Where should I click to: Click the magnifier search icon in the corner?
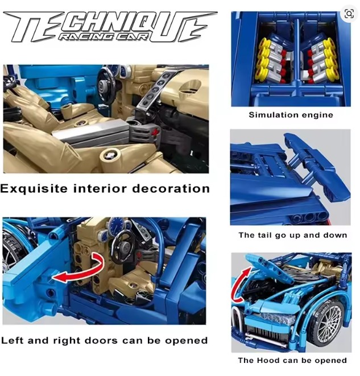349,13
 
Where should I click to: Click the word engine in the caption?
317,115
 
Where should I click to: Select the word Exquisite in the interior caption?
34,188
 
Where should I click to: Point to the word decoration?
171,188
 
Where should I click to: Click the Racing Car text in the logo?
102,36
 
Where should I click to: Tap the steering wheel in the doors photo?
124,247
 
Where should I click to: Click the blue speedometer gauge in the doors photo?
118,225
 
